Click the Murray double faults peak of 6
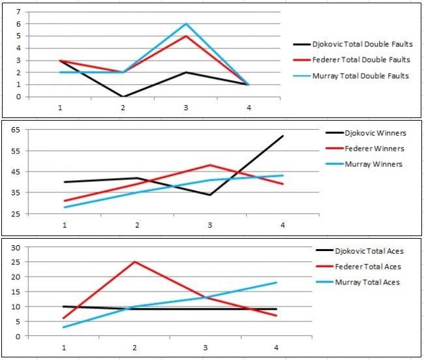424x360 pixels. pyautogui.click(x=186, y=24)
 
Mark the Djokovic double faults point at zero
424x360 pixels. pyautogui.click(x=122, y=97)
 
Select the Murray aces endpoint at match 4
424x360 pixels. pyautogui.click(x=277, y=282)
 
